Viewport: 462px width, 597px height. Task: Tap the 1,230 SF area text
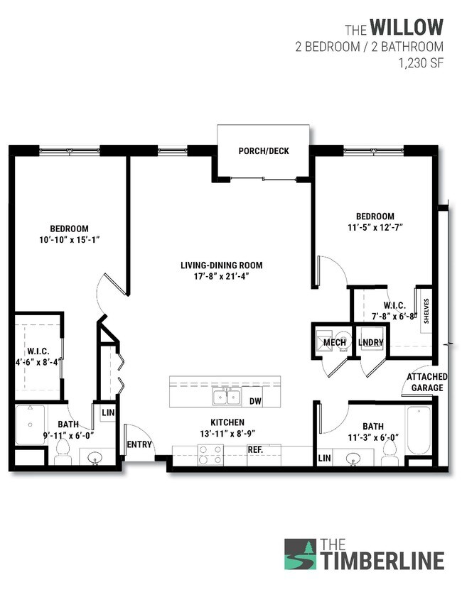422,62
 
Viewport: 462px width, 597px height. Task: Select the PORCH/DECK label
264,151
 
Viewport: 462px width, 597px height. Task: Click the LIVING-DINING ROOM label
221,265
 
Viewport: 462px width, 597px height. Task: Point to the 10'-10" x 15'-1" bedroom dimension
69,239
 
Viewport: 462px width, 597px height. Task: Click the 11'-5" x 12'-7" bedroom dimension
375,227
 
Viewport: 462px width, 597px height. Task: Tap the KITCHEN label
227,422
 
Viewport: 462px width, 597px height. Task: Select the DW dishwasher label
256,402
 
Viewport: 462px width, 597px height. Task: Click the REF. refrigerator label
256,449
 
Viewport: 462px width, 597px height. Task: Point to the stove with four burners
210,454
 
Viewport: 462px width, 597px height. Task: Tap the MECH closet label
334,343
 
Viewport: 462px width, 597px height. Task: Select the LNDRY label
370,343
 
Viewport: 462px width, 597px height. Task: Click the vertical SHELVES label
426,310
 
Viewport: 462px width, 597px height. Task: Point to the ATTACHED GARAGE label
426,382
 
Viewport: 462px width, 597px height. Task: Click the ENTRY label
139,445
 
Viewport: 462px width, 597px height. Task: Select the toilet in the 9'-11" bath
62,449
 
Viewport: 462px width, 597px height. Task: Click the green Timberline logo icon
300,554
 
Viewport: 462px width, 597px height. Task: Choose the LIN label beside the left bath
108,412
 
